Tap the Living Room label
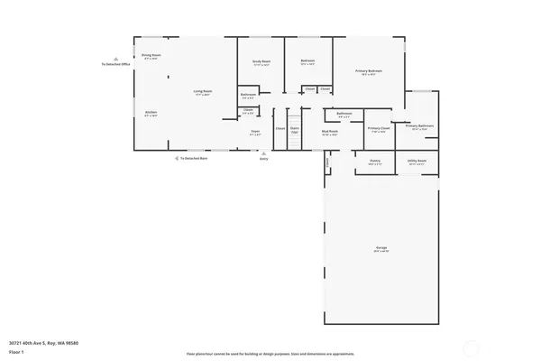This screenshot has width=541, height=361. tap(203, 91)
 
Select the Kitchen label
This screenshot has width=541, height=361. tap(151, 113)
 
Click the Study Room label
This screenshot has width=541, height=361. tap(261, 61)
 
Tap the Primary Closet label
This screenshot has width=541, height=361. tap(379, 128)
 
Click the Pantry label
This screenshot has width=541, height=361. tap(375, 162)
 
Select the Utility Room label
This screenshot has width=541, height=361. tap(417, 162)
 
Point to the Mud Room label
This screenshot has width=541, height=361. tap(330, 132)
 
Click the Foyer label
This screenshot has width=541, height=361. tap(255, 132)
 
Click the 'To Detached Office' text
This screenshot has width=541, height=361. tap(116, 65)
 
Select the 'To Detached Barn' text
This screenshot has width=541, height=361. tap(193, 158)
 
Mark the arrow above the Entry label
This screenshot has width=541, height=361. tap(264, 152)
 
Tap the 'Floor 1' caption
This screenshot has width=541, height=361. tap(16, 352)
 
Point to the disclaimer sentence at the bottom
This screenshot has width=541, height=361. tap(270, 355)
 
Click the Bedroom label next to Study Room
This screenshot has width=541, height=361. tap(307, 61)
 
